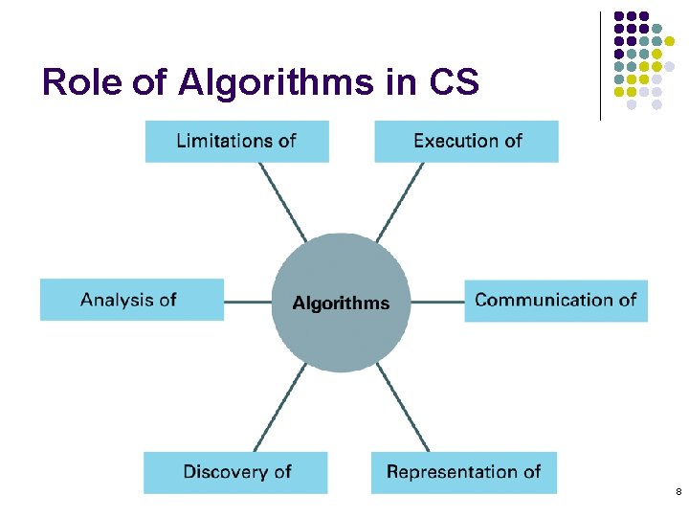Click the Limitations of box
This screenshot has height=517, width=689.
pos(236,141)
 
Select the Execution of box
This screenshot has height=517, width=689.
pos(466,141)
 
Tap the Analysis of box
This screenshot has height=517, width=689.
pos(131,300)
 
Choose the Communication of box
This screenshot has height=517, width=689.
pos(556,300)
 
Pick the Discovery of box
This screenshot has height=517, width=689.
pos(235,472)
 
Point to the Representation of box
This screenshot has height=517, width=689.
pos(463,472)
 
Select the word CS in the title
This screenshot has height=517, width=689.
pos(454,83)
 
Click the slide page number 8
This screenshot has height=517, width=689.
pos(678,492)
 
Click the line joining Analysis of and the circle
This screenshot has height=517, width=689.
pos(248,303)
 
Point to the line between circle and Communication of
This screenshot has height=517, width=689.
pos(437,303)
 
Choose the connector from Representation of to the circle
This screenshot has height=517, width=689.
pos(402,406)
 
